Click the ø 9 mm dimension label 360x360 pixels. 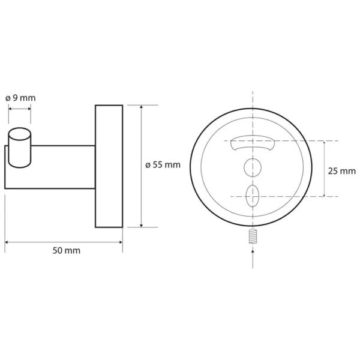(x=20, y=98)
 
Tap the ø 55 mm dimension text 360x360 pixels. (x=163, y=165)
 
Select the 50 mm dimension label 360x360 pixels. (x=67, y=250)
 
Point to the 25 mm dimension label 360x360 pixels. (x=341, y=171)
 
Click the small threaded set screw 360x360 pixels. (x=253, y=236)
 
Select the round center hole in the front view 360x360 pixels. (x=253, y=167)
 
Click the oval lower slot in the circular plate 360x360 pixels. (x=253, y=196)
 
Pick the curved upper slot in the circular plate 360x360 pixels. (x=253, y=143)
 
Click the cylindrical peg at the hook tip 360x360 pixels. (x=20, y=148)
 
